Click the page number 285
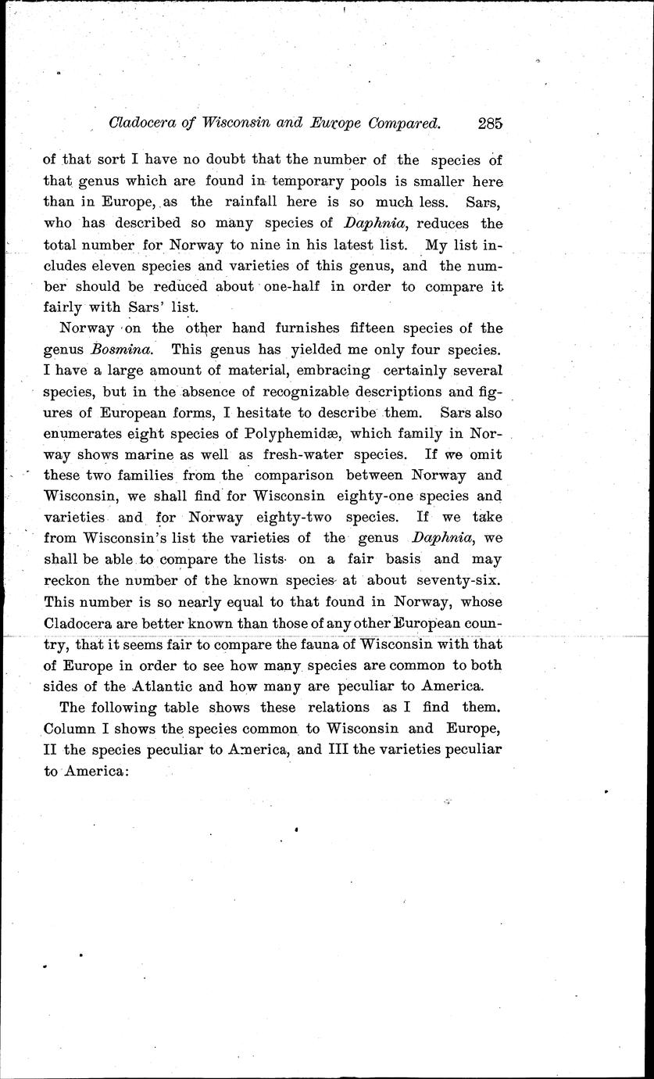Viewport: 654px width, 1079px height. point(488,122)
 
